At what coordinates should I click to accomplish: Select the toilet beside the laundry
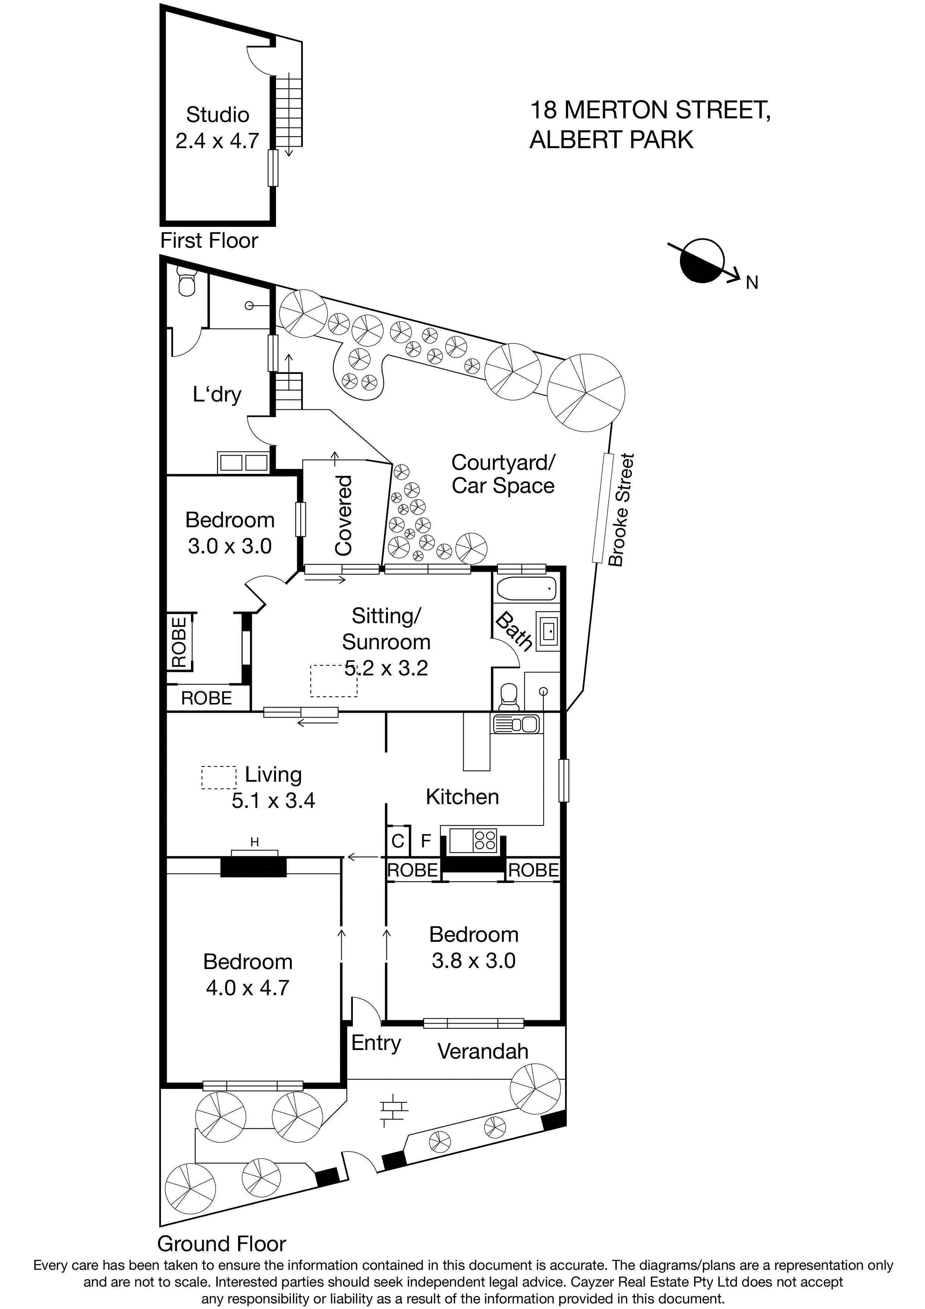pos(186,283)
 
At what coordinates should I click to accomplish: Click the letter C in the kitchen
pos(398,841)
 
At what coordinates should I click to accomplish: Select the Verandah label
pos(483,1051)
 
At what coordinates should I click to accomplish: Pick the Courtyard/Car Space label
pos(503,474)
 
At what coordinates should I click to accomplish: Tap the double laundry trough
pos(243,462)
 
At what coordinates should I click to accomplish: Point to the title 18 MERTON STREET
pos(650,110)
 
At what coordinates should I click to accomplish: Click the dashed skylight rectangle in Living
pos(219,777)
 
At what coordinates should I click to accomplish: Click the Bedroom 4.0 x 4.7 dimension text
pos(247,987)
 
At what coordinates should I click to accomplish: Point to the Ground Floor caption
pos(222,1243)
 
